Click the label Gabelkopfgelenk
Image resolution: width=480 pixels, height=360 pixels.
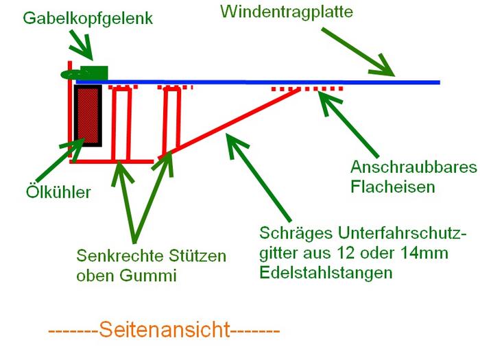pyautogui.click(x=87, y=19)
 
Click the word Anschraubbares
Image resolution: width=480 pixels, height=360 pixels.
pyautogui.click(x=409, y=167)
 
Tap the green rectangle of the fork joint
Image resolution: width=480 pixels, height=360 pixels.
pyautogui.click(x=94, y=71)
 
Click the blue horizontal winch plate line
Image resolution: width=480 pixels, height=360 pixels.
pyautogui.click(x=274, y=82)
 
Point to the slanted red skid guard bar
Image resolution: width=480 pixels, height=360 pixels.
pyautogui.click(x=233, y=123)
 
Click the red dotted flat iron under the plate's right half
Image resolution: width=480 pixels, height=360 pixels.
pyautogui.click(x=307, y=90)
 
